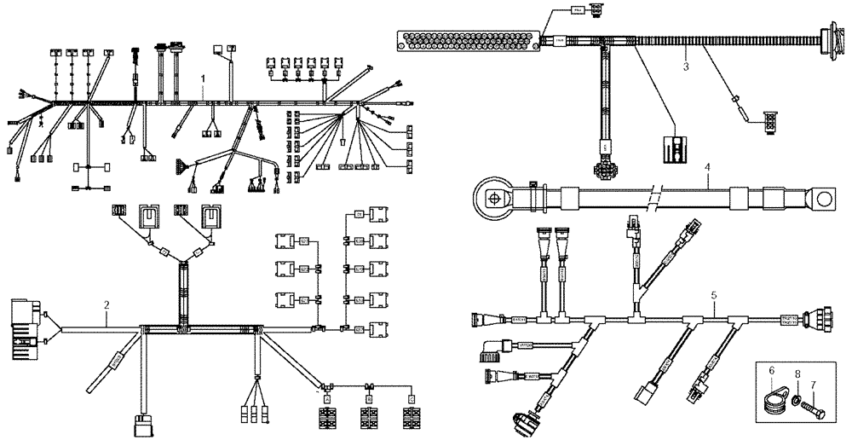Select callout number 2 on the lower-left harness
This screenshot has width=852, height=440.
click(106, 304)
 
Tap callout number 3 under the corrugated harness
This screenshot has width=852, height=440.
click(684, 66)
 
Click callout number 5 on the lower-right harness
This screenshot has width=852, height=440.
click(713, 295)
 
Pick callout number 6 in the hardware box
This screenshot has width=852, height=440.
click(771, 371)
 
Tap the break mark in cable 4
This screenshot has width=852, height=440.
click(653, 200)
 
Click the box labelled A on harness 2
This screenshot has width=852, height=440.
click(325, 398)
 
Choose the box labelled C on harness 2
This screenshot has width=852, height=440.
click(412, 398)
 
